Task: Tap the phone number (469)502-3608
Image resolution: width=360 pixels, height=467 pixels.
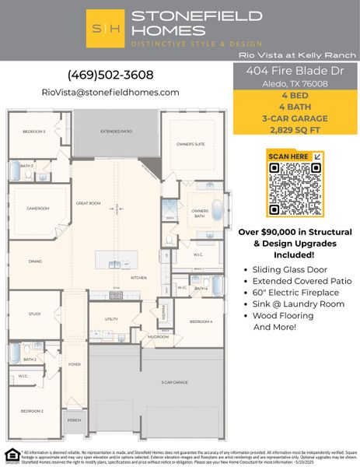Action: click(x=110, y=75)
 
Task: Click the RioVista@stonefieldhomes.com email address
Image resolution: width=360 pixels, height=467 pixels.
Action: click(x=110, y=92)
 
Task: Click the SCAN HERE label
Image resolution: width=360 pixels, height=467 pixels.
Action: click(x=288, y=156)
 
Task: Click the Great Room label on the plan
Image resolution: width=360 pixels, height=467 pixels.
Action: click(x=89, y=203)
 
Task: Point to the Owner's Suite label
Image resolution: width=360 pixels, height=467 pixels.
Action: click(x=190, y=145)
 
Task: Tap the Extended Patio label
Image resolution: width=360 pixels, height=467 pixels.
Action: click(x=116, y=132)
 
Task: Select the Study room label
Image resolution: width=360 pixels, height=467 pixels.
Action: click(x=34, y=314)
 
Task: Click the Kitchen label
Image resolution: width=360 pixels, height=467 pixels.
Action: click(x=138, y=277)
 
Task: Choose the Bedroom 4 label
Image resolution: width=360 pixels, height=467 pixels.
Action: click(x=201, y=321)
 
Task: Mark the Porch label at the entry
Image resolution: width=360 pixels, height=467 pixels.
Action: click(x=74, y=420)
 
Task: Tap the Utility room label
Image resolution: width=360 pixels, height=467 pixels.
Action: click(x=111, y=319)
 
